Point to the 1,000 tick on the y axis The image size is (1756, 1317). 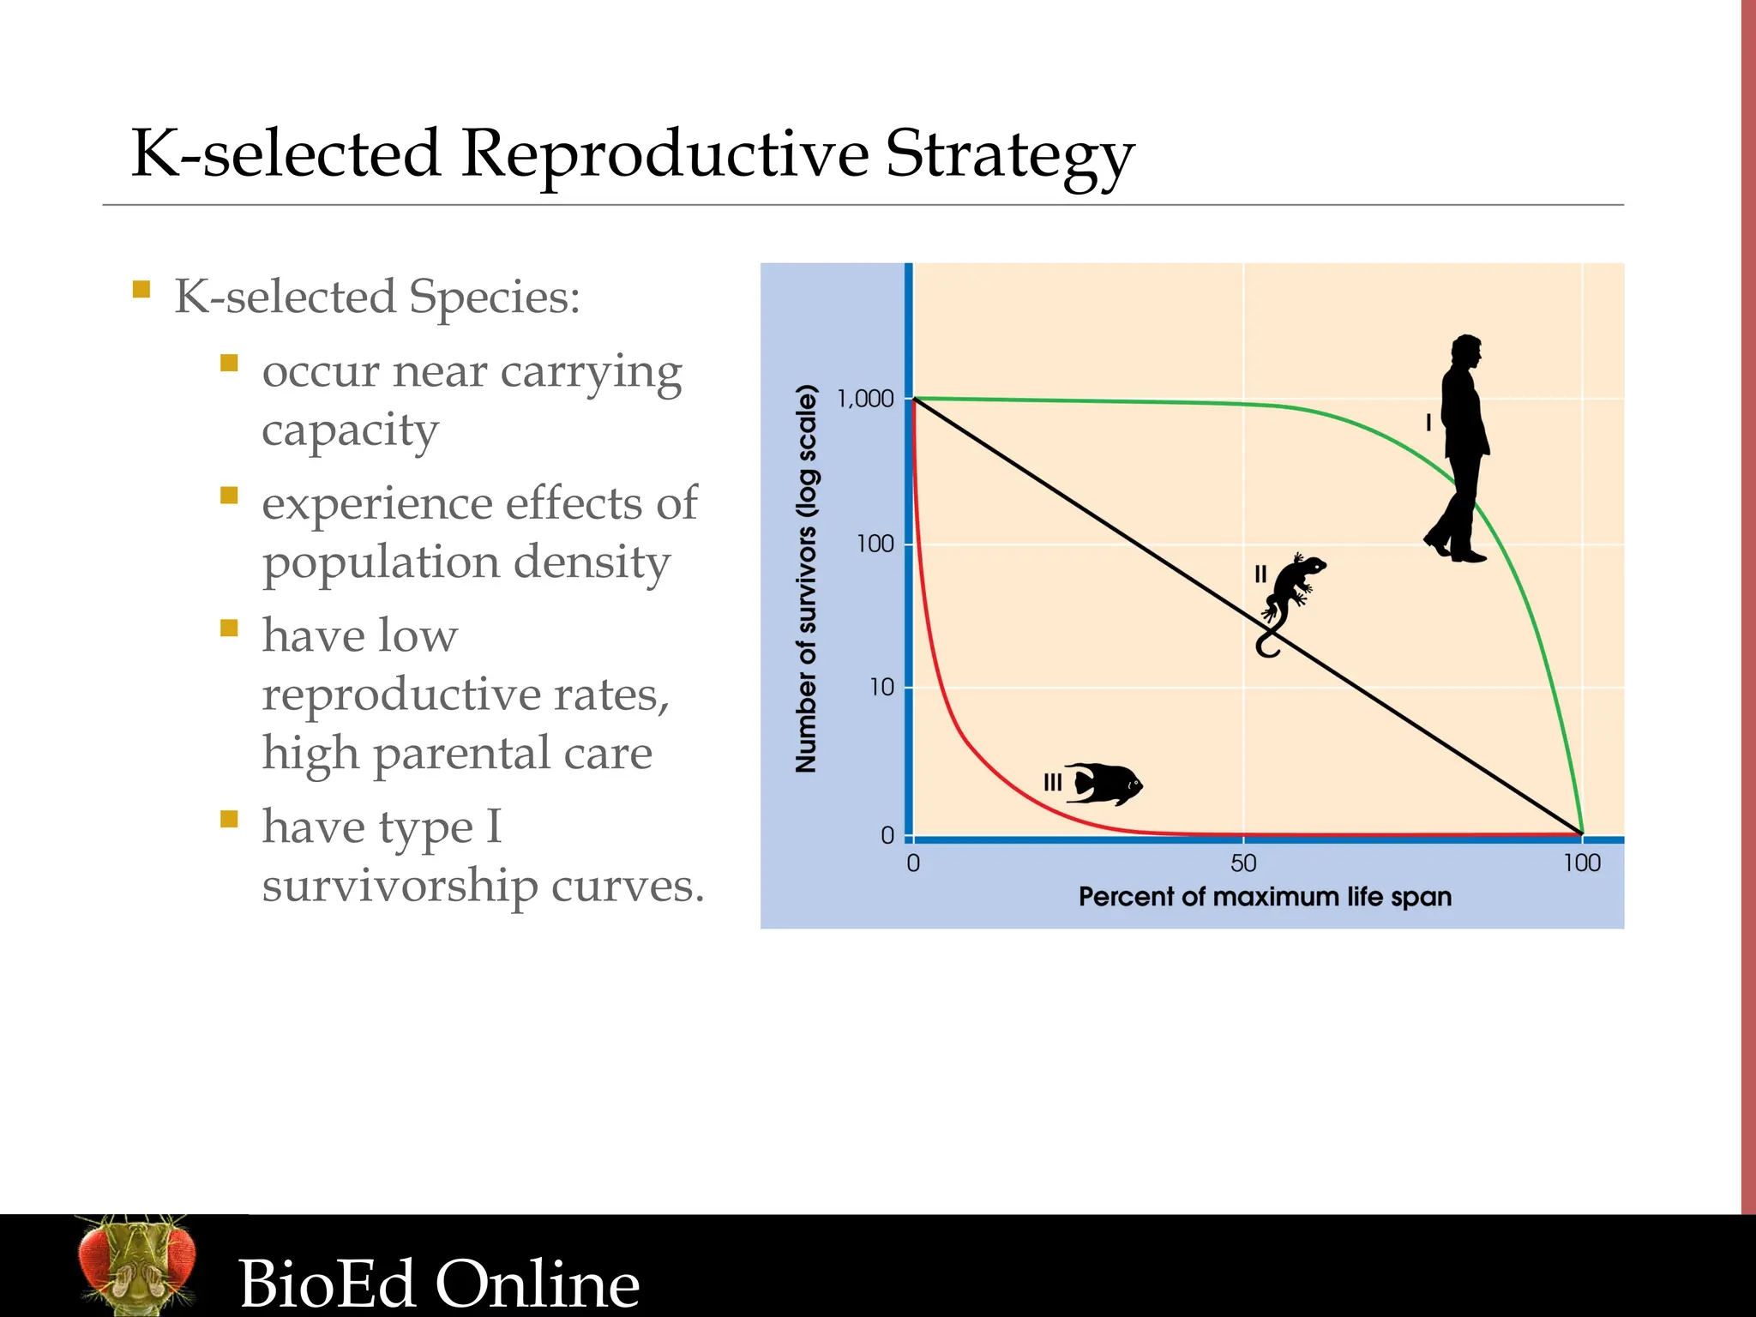[x=865, y=399]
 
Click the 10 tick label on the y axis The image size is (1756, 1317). [x=881, y=688]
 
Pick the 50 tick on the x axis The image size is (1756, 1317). [x=1243, y=863]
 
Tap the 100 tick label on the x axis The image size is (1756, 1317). [x=1581, y=863]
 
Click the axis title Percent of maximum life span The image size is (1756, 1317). [x=1265, y=897]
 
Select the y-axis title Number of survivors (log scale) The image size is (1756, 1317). [x=806, y=579]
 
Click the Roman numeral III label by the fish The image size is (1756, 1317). [x=1052, y=782]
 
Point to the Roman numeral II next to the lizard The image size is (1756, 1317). [x=1260, y=574]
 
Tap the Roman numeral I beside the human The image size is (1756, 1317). [x=1428, y=422]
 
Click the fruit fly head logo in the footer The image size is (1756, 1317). [x=137, y=1265]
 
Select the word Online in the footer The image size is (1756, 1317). [x=538, y=1284]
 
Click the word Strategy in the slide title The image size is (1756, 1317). [x=1009, y=156]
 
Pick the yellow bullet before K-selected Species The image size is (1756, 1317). [x=142, y=289]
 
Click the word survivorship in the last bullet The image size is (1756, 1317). [x=400, y=887]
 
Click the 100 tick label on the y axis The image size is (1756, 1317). [x=875, y=544]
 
